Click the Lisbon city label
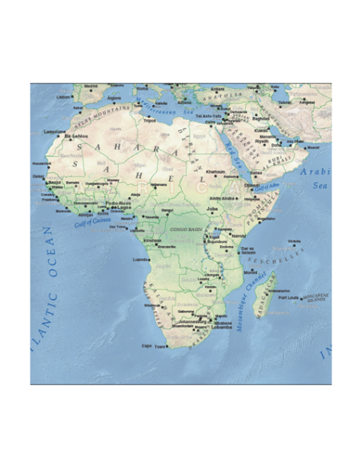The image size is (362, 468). [63, 97]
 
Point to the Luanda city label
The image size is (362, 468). [140, 259]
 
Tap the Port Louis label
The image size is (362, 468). [288, 297]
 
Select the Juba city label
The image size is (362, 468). [212, 208]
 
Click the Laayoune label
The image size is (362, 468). [54, 131]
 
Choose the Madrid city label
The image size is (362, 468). [90, 87]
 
